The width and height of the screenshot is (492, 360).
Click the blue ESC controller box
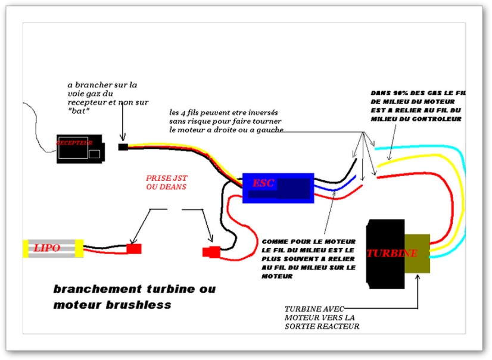click(x=278, y=188)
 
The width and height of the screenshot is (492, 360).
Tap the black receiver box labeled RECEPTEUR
click(x=80, y=149)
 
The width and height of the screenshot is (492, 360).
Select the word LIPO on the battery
click(x=46, y=248)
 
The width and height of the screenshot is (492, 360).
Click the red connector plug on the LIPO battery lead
click(x=134, y=249)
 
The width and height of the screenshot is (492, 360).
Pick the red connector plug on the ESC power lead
click(x=211, y=252)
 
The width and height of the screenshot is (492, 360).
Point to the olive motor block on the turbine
click(x=417, y=253)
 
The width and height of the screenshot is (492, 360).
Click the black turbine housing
click(x=385, y=254)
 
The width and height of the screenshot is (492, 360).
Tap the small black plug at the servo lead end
click(x=123, y=147)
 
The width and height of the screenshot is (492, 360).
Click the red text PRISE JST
click(x=167, y=178)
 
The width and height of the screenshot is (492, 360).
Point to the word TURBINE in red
click(x=392, y=253)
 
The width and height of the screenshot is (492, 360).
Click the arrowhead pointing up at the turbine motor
click(x=418, y=277)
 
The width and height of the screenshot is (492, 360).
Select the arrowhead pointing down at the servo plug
click(x=123, y=137)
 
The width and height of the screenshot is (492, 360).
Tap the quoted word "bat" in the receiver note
click(x=79, y=111)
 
